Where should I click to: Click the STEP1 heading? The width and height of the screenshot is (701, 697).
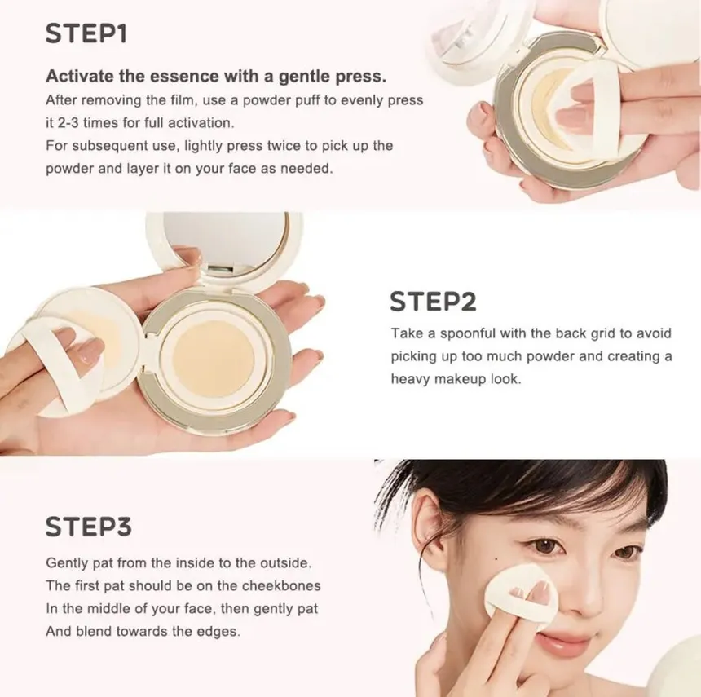[86, 33]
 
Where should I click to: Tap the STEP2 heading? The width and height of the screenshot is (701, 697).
[433, 302]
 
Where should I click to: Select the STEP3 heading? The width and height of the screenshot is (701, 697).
[89, 527]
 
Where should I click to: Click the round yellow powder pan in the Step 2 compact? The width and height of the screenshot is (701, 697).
[214, 359]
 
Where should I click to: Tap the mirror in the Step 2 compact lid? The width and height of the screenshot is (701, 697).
[227, 238]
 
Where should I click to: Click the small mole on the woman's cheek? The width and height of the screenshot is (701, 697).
[496, 558]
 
